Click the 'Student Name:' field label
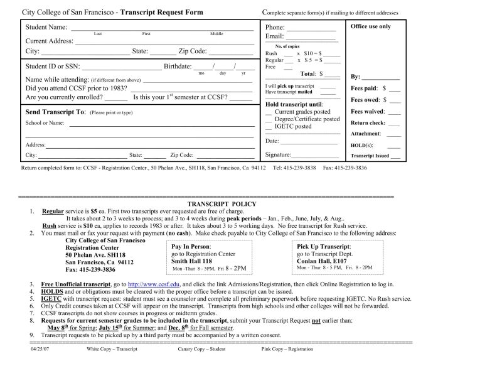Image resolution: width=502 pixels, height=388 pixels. (x=46, y=27)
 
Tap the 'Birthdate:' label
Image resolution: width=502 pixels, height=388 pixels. (x=178, y=66)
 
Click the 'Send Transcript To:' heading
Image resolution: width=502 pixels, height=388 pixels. (x=54, y=112)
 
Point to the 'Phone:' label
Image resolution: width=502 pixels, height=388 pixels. (x=275, y=28)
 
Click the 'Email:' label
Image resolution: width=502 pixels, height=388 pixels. (x=274, y=37)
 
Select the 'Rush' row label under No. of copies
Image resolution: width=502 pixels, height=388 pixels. (x=271, y=54)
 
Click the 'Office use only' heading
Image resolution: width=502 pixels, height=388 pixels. (x=370, y=26)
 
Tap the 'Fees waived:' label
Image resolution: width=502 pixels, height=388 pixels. (x=367, y=112)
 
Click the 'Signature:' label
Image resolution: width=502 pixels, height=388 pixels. (x=279, y=154)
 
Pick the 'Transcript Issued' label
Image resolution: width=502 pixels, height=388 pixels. (x=370, y=156)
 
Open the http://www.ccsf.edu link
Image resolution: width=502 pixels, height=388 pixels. (x=154, y=284)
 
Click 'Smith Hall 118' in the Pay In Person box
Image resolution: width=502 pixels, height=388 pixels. (x=191, y=261)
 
